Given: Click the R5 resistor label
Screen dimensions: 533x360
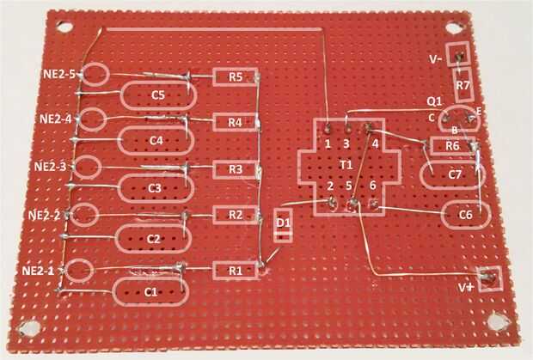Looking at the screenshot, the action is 236,77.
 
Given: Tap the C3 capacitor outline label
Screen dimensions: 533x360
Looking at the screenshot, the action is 155,188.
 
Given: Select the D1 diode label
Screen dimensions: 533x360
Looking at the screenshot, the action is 283,223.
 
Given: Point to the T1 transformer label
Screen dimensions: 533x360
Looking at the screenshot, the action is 346,165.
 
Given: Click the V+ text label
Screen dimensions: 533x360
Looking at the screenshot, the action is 466,288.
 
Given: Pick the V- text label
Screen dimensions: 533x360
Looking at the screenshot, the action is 436,59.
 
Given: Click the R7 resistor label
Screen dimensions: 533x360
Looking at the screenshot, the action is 463,85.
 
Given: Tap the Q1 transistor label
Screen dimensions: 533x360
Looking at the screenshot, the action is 434,101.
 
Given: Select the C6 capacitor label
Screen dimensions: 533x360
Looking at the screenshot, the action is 465,215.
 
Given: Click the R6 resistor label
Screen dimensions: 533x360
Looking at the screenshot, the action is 452,146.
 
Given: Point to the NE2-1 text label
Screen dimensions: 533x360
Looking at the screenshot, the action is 38,271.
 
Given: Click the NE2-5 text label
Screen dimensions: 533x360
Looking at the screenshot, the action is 59,74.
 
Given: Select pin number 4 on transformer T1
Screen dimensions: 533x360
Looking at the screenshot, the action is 375,143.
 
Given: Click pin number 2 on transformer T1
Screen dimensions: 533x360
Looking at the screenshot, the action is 330,186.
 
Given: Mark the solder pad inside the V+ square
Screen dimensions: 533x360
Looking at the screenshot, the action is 489,277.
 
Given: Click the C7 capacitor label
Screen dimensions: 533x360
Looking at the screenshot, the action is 455,174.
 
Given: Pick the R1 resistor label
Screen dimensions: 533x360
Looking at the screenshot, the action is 236,271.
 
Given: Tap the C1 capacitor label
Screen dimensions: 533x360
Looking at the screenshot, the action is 150,292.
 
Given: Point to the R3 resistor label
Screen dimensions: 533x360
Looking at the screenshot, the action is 236,169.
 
